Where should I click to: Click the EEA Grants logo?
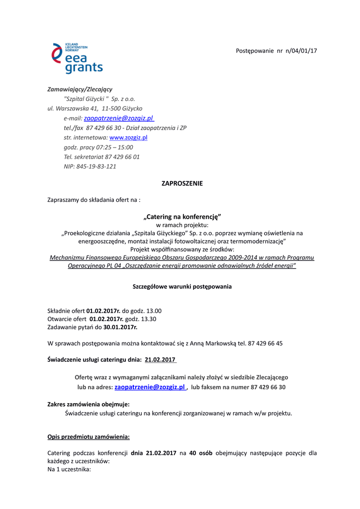[x=77, y=58]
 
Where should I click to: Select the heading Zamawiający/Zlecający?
[x=80, y=89]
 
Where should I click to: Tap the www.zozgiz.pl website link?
[x=128, y=138]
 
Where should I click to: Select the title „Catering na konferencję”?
[x=182, y=217]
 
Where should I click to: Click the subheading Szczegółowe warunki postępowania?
[x=182, y=287]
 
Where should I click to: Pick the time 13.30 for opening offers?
[x=148, y=319]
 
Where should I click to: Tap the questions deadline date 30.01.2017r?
[x=120, y=328]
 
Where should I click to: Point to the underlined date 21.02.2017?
[x=160, y=359]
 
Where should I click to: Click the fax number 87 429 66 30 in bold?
[x=268, y=387]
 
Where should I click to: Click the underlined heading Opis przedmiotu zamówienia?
[x=88, y=437]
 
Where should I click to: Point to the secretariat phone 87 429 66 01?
[x=122, y=157]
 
